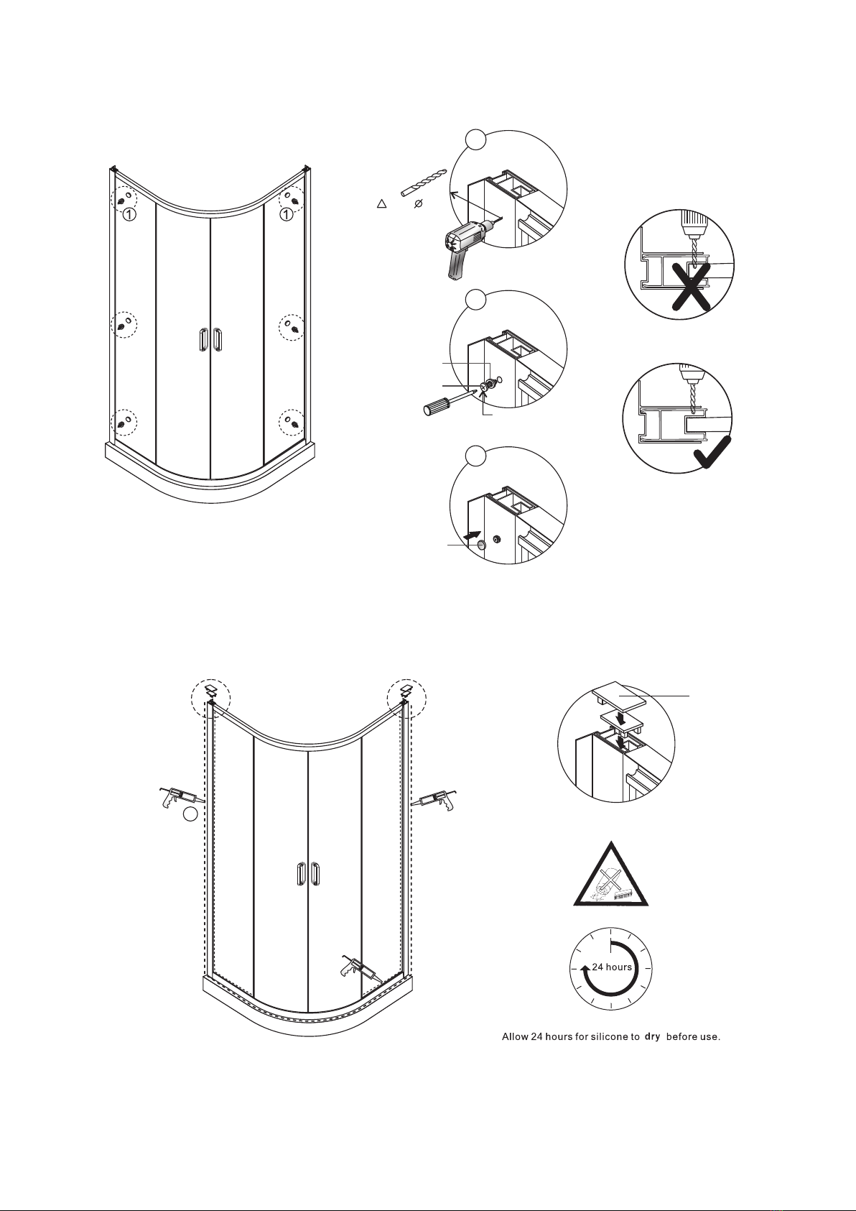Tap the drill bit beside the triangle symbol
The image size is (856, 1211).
tap(423, 182)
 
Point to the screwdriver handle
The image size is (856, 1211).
tap(438, 408)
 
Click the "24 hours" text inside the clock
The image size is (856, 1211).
tap(612, 967)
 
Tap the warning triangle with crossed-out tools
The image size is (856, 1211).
tap(610, 878)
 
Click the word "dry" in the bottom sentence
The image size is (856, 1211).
tap(652, 1036)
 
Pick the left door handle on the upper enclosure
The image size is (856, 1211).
tap(203, 340)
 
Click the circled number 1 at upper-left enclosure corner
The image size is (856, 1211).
tap(127, 214)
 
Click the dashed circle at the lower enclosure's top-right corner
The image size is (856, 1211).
tap(406, 698)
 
